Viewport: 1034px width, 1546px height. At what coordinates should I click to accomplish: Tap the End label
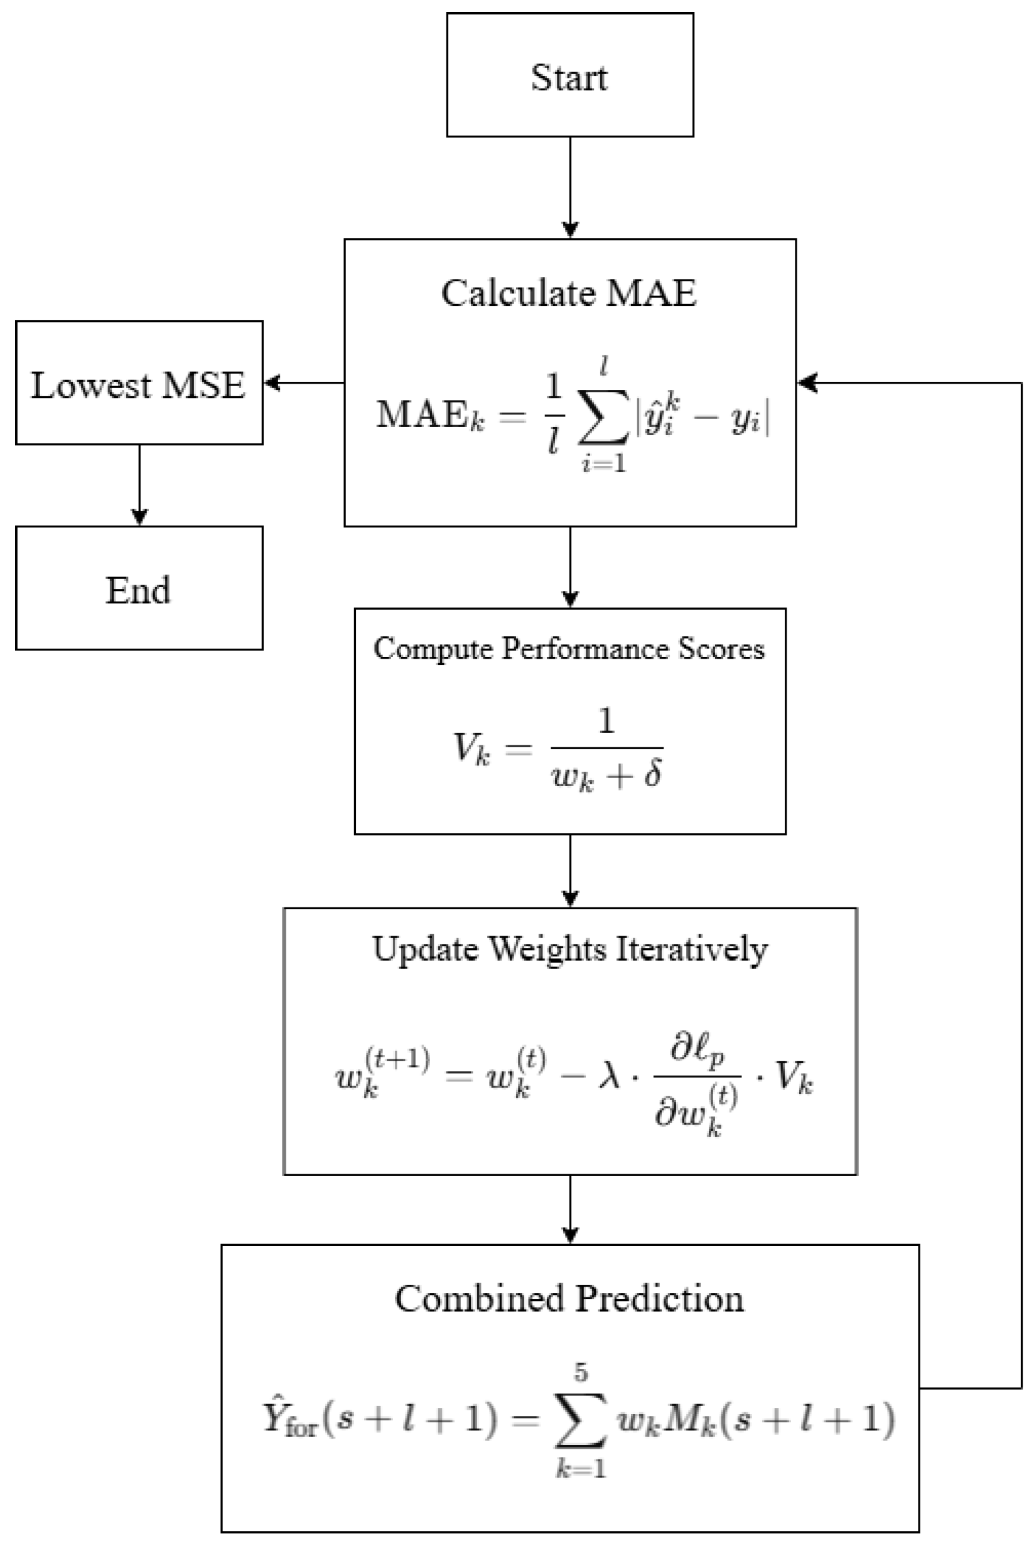(x=139, y=590)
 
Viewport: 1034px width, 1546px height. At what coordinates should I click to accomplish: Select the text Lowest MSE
(x=139, y=385)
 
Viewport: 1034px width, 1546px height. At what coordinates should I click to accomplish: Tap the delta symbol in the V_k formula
(x=653, y=774)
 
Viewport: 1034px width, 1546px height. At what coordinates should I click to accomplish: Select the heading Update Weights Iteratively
(x=570, y=949)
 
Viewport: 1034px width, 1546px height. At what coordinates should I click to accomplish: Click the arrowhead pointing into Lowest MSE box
(x=271, y=382)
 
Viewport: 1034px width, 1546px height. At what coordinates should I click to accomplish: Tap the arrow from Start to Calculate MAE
(x=570, y=188)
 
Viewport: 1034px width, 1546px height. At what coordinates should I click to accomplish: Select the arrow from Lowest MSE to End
(x=139, y=485)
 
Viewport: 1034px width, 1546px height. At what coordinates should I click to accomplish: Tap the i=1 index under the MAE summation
(x=603, y=464)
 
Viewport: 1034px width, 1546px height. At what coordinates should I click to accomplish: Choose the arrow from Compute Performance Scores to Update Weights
(x=570, y=870)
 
